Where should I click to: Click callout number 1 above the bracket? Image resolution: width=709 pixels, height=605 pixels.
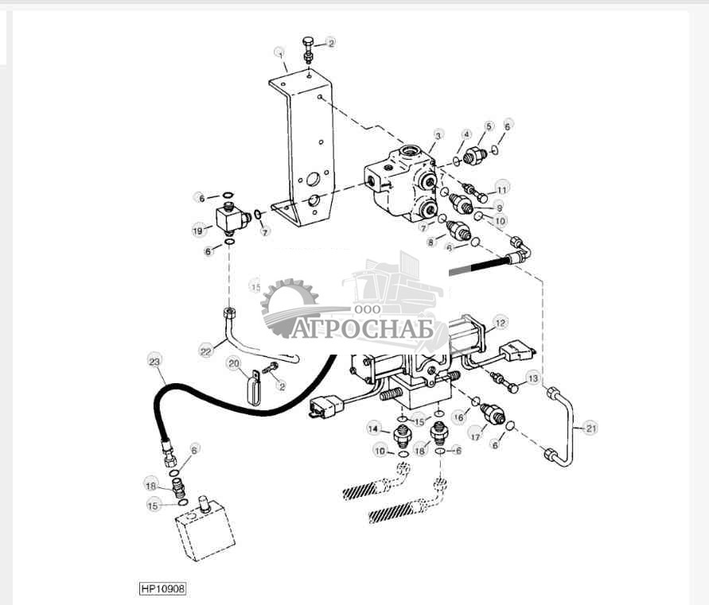(279, 53)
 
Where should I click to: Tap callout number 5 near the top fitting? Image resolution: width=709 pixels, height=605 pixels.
(489, 126)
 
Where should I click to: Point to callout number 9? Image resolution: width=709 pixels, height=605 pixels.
(499, 207)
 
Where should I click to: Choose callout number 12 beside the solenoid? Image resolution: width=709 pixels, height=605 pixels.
(499, 323)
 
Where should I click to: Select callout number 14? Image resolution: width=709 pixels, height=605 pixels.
(373, 429)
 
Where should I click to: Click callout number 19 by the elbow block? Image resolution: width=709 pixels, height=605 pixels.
(198, 231)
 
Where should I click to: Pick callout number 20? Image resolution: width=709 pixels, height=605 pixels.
(233, 363)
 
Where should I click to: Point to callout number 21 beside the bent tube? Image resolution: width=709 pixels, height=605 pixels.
(590, 429)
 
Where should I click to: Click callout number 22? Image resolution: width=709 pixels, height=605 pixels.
(206, 350)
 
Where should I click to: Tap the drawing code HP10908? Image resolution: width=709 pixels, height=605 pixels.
(163, 589)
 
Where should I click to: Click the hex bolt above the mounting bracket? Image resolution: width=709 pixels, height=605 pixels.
(309, 45)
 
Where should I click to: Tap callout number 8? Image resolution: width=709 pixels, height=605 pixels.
(430, 241)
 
